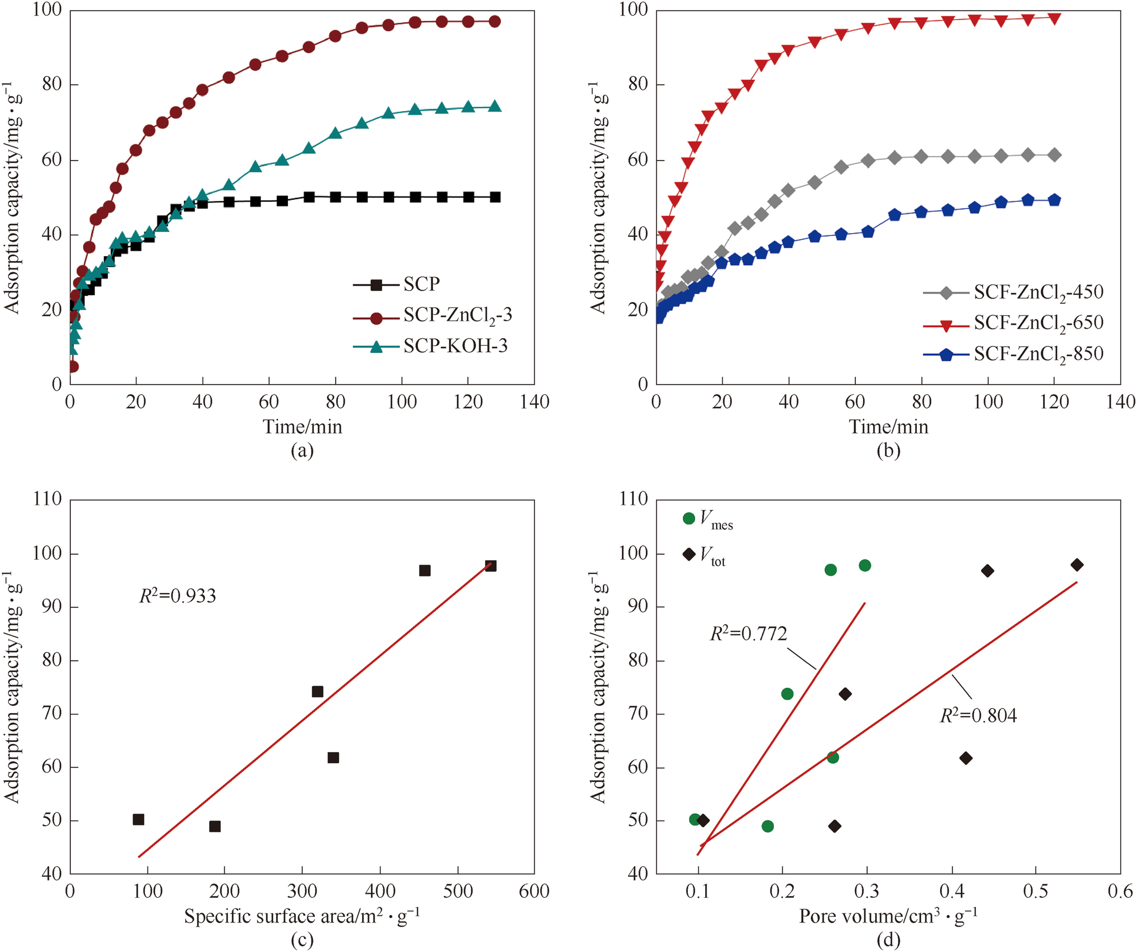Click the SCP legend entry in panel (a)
(x=421, y=284)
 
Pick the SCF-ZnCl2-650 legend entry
(x=1038, y=323)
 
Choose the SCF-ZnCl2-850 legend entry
(x=1038, y=354)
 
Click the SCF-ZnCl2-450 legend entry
(x=1038, y=292)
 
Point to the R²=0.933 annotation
(x=177, y=596)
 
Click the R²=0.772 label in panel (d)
(x=748, y=633)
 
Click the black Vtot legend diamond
(x=689, y=554)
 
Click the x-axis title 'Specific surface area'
(x=302, y=916)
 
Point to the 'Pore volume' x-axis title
(x=888, y=916)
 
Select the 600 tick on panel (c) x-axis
(x=534, y=891)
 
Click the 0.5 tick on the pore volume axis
(x=1035, y=891)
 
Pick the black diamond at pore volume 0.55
(x=1077, y=565)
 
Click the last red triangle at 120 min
(x=1054, y=18)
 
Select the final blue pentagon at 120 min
(x=1054, y=200)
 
